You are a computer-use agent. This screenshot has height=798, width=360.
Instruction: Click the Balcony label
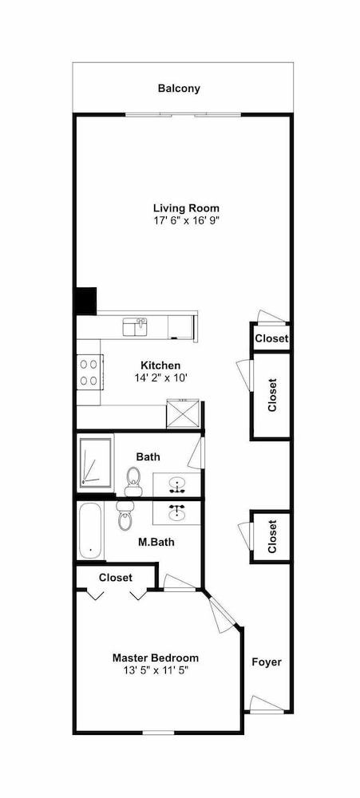point(179,89)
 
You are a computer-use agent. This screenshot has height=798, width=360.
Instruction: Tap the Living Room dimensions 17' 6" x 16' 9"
point(186,220)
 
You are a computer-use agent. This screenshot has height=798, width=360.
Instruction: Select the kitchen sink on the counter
point(135,326)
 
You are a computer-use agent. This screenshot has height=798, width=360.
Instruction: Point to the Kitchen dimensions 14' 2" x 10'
point(160,377)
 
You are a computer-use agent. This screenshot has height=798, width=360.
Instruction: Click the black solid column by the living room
point(86,301)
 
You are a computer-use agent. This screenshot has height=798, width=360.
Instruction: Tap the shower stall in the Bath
point(95,463)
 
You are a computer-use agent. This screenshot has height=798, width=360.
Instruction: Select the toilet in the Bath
point(133,481)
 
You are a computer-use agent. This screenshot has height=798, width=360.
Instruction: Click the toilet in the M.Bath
point(125,515)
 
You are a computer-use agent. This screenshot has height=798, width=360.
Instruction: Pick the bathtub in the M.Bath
point(92,531)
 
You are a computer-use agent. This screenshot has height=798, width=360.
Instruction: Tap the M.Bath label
point(156,542)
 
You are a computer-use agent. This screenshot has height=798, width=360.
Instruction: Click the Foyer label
point(267,662)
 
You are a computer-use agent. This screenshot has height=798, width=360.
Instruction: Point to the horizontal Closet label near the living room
point(271,338)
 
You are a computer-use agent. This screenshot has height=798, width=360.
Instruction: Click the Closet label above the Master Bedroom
point(116,578)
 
